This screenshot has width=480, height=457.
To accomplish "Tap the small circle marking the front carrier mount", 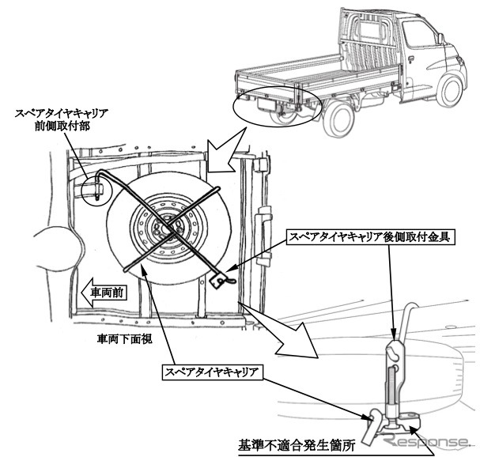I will (x=94, y=189).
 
